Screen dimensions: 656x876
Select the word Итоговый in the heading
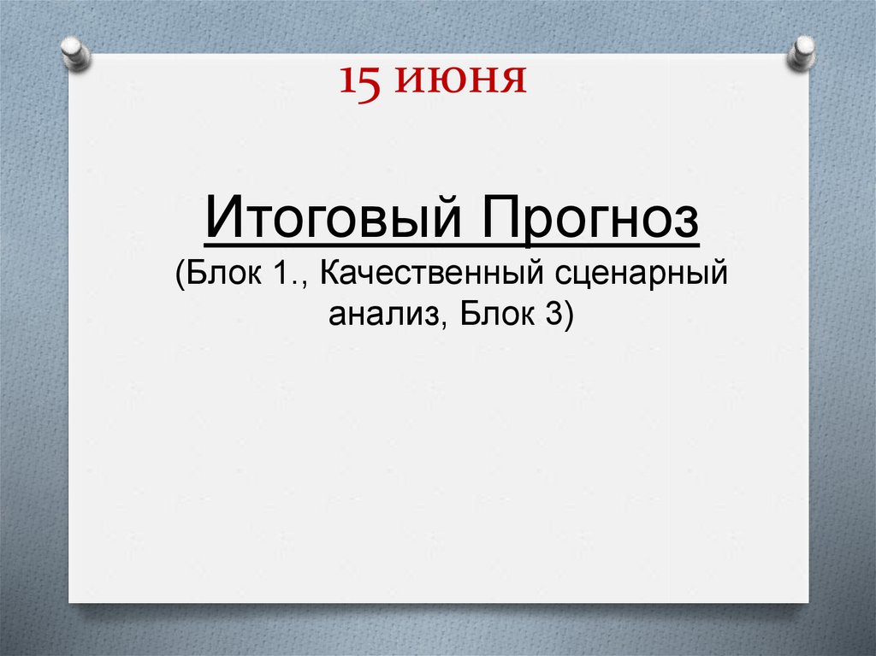pyautogui.click(x=334, y=222)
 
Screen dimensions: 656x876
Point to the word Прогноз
pyautogui.click(x=589, y=222)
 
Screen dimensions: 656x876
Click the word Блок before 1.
pyautogui.click(x=224, y=275)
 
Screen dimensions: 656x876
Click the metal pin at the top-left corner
pyautogui.click(x=76, y=52)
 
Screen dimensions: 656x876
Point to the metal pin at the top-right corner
pyautogui.click(x=802, y=51)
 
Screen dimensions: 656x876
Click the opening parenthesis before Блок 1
pyautogui.click(x=181, y=277)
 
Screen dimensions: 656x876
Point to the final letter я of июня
pyautogui.click(x=512, y=81)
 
